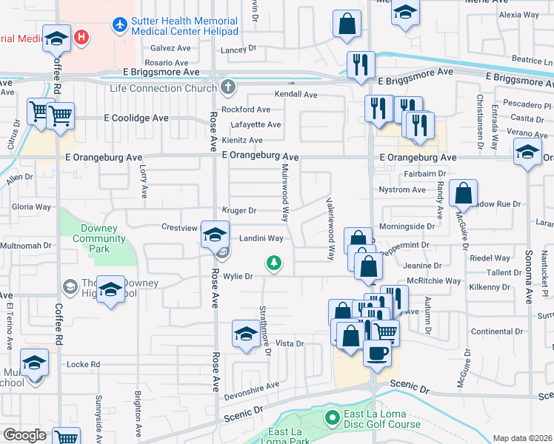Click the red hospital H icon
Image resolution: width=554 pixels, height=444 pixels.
coord(82,36)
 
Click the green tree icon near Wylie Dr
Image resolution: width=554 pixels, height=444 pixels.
coord(274,263)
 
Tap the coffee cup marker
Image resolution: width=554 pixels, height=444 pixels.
coord(378,352)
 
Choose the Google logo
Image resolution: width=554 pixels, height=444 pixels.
coord(24,435)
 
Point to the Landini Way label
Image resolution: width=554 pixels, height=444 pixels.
coord(261,238)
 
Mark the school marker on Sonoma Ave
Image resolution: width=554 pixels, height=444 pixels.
coord(527,152)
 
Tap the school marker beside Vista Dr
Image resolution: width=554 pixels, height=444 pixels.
coord(246,333)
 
